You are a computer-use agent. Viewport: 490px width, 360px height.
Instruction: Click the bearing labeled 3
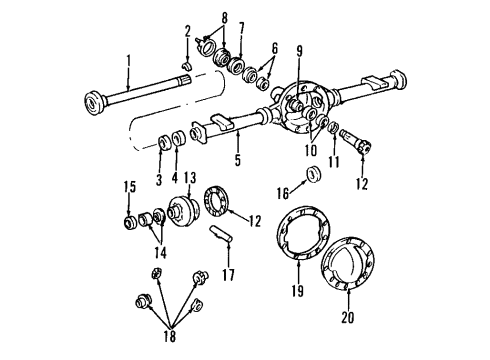click(161, 138)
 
